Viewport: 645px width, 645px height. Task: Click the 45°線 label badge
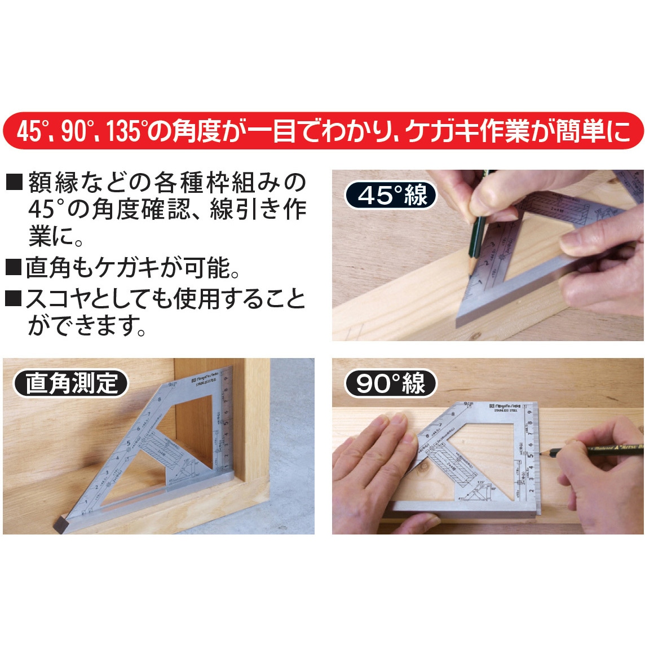tap(391, 196)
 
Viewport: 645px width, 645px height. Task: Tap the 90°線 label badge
tap(390, 384)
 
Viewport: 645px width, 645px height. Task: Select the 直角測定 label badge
tap(71, 384)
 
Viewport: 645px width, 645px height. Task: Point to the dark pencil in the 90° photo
tap(586, 448)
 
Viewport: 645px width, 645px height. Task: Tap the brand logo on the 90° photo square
tap(506, 405)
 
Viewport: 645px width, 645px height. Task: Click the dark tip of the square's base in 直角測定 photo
tap(60, 524)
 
